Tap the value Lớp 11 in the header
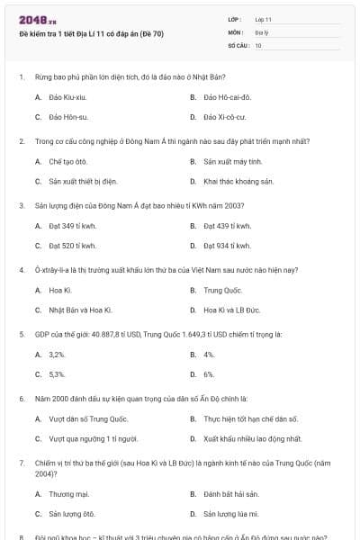(264, 18)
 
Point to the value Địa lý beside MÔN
(262, 31)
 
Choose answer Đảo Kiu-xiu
(67, 96)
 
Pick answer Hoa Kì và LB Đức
(231, 310)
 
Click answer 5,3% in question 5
(58, 373)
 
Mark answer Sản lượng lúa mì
(230, 514)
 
